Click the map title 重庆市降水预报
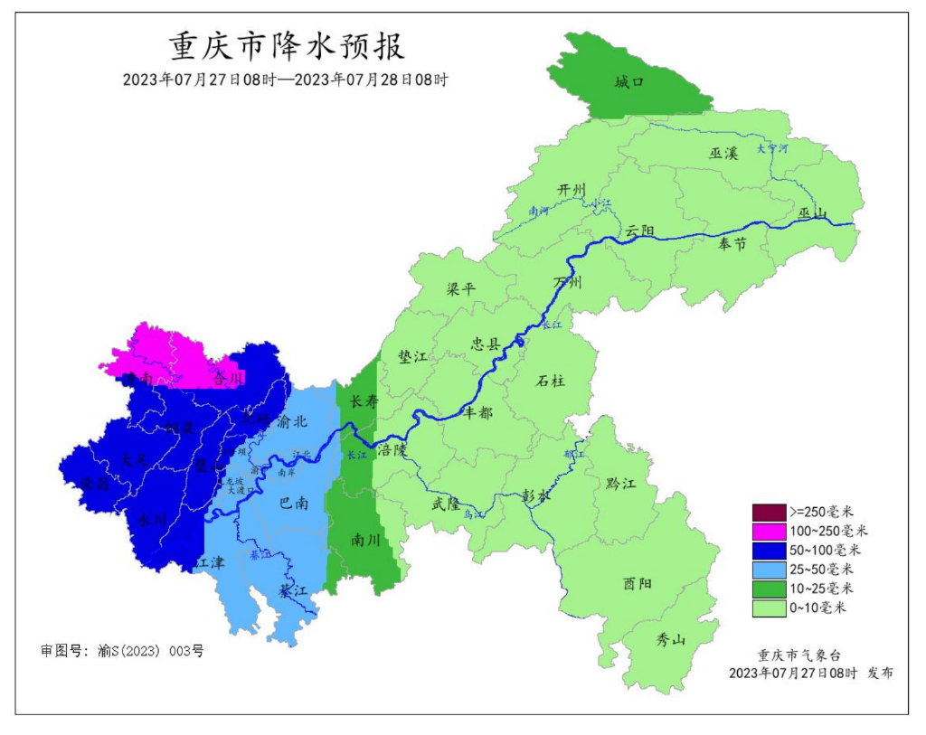pyautogui.click(x=287, y=45)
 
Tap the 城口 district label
pyautogui.click(x=629, y=82)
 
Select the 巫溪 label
pyautogui.click(x=723, y=154)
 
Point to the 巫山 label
pyautogui.click(x=813, y=214)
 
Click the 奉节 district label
pyautogui.click(x=732, y=243)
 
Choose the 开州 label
pyautogui.click(x=572, y=190)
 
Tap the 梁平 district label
pyautogui.click(x=460, y=289)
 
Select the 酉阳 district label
pyautogui.click(x=637, y=583)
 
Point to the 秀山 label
pyautogui.click(x=670, y=640)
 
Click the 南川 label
pyautogui.click(x=365, y=540)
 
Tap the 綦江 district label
pyautogui.click(x=293, y=590)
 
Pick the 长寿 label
pyautogui.click(x=364, y=401)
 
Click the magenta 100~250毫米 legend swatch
pyautogui.click(x=769, y=531)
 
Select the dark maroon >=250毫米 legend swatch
pyautogui.click(x=769, y=511)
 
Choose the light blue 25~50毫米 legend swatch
pyautogui.click(x=769, y=570)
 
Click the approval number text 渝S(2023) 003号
pyautogui.click(x=150, y=651)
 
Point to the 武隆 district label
pyautogui.click(x=446, y=504)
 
